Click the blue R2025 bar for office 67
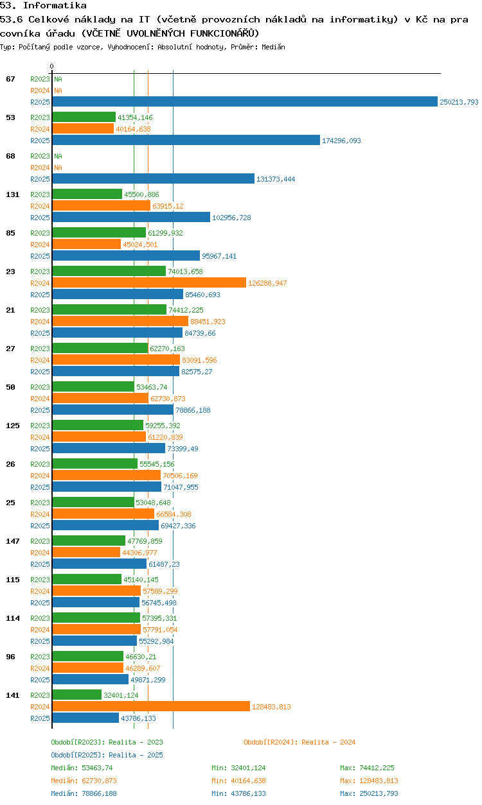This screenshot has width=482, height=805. click(x=244, y=101)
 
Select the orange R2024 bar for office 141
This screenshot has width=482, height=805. click(x=151, y=706)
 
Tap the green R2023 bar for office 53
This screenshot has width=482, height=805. click(x=84, y=117)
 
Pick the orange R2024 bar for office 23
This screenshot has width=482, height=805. click(x=149, y=282)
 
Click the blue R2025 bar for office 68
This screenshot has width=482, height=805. click(x=153, y=178)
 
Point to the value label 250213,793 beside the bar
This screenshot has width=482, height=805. click(x=459, y=102)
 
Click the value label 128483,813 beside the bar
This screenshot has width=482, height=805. click(x=271, y=707)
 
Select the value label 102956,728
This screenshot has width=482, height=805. click(x=231, y=218)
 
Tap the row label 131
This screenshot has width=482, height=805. click(x=12, y=195)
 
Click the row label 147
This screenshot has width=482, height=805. click(x=12, y=541)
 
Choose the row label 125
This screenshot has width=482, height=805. click(x=12, y=426)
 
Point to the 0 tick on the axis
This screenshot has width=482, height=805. click(x=51, y=66)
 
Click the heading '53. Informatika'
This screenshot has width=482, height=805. click(x=43, y=6)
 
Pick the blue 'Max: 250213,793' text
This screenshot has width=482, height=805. click(x=369, y=793)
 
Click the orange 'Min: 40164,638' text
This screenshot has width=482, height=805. click(x=238, y=781)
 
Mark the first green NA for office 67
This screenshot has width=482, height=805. click(x=58, y=79)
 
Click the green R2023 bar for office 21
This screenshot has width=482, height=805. click(x=109, y=309)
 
